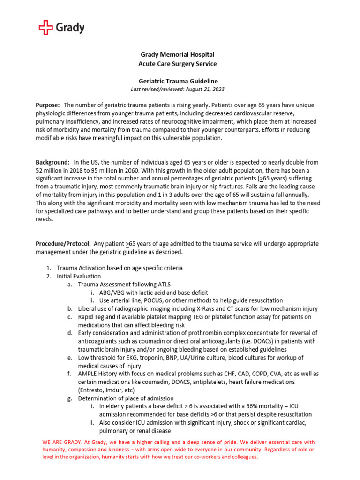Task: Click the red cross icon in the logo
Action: click(46, 28)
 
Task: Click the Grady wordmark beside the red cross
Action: click(70, 28)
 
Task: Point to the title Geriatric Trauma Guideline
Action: click(173, 81)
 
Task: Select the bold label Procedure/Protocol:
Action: click(63, 244)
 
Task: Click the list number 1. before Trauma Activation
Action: click(48, 268)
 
